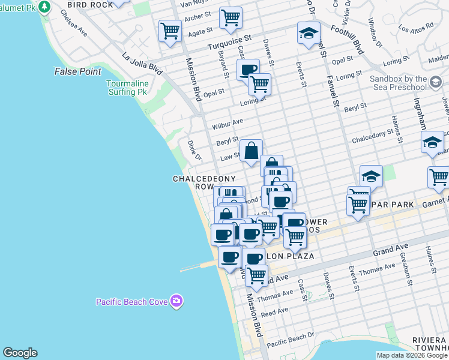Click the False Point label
click(x=77, y=71)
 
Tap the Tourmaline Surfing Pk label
click(x=127, y=88)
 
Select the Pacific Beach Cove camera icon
click(x=176, y=301)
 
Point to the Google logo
click(x=20, y=353)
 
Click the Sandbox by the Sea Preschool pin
click(x=436, y=81)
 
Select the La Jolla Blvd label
click(x=142, y=64)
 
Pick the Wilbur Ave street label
click(x=228, y=124)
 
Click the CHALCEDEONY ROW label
click(x=193, y=182)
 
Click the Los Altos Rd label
click(x=415, y=28)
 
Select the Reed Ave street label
click(x=276, y=311)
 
